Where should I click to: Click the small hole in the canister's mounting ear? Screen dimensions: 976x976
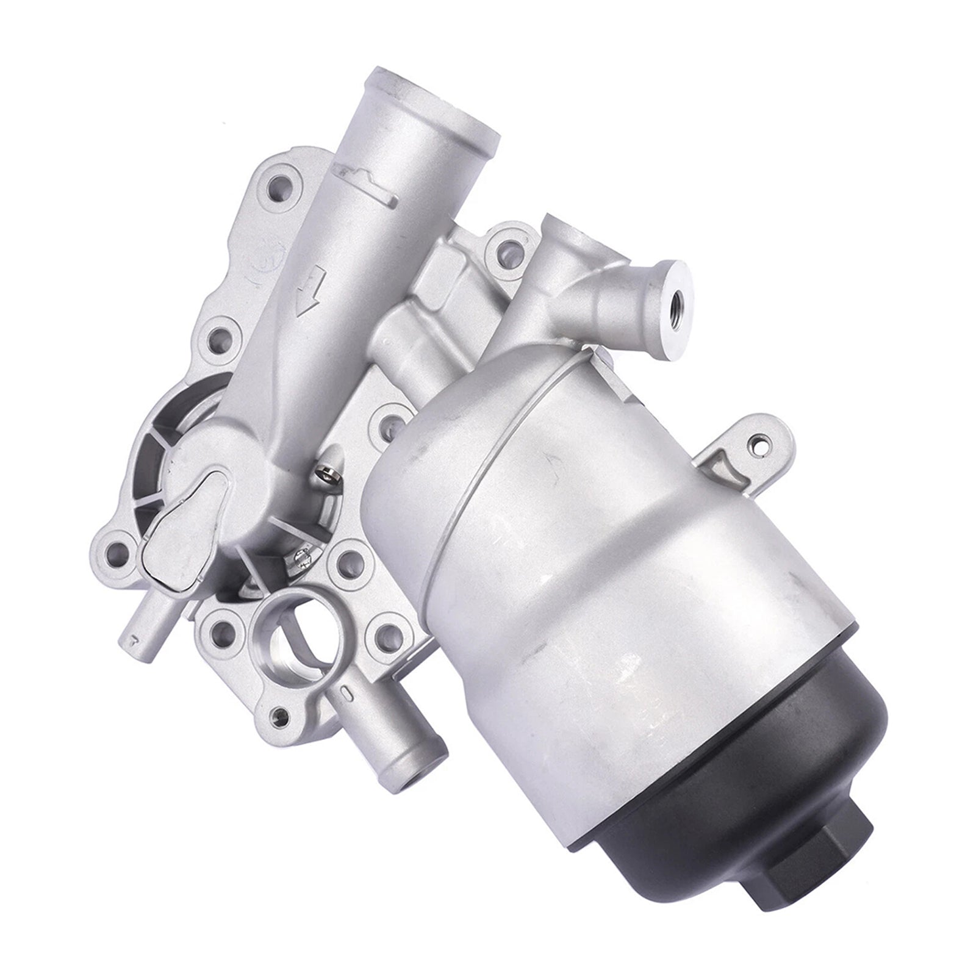759,445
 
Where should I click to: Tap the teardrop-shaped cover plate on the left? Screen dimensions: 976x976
179,524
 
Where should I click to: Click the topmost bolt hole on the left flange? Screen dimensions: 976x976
282,183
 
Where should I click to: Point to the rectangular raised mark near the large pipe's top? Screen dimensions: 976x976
362,177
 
